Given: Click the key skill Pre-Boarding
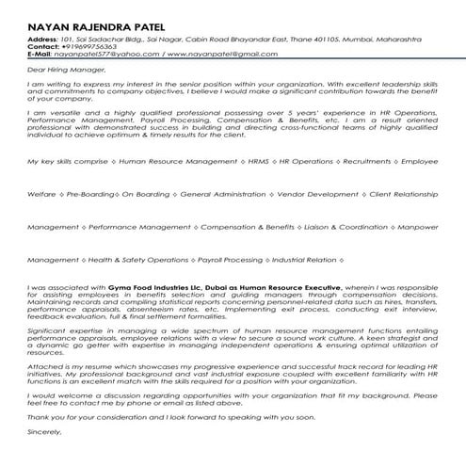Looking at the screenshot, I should click(x=87, y=195).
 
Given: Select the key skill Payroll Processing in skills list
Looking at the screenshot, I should click(x=231, y=259).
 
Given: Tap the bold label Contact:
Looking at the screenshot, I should click(x=43, y=48).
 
